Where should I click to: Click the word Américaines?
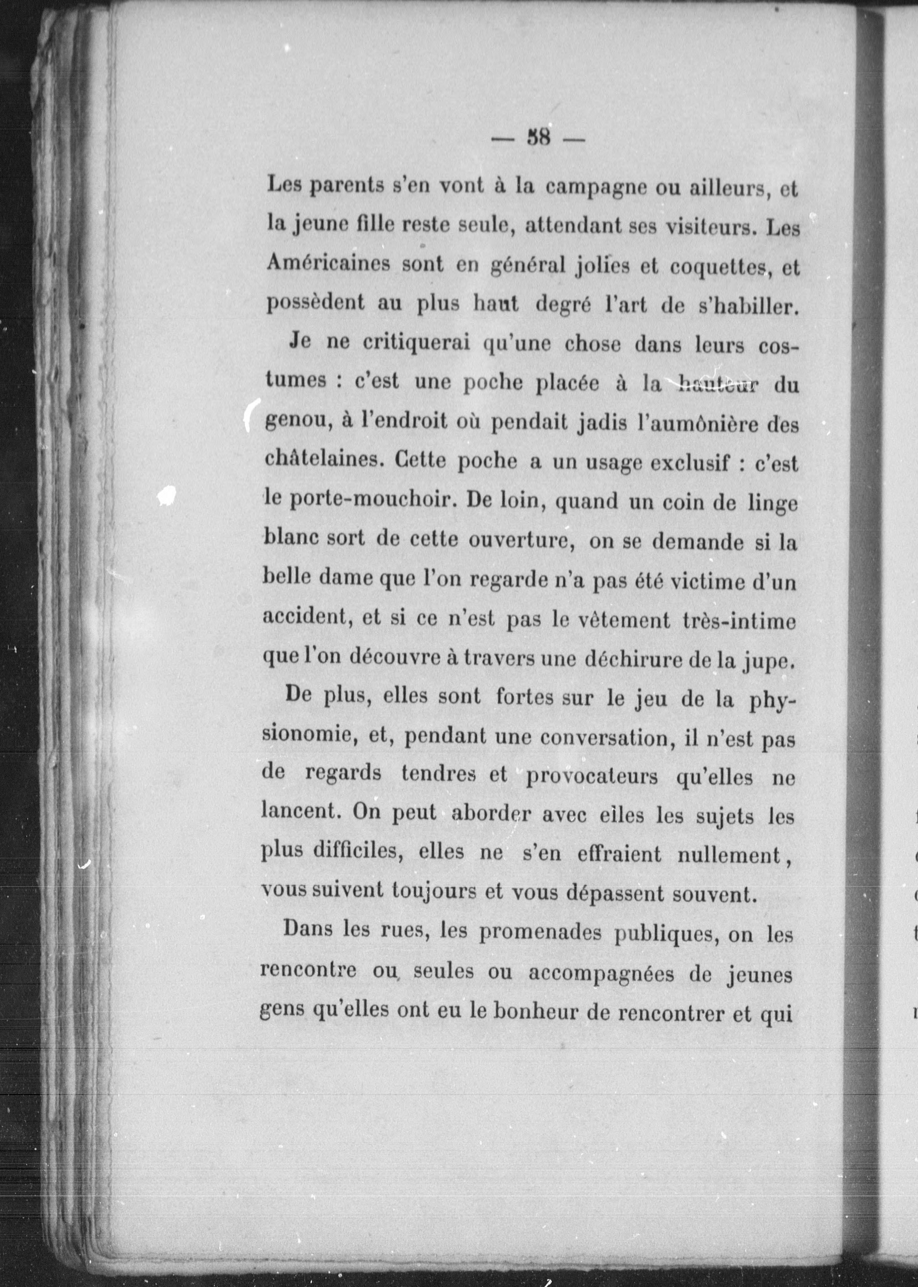(x=328, y=265)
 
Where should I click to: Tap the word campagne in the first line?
(x=595, y=188)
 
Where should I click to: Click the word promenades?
(x=540, y=934)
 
